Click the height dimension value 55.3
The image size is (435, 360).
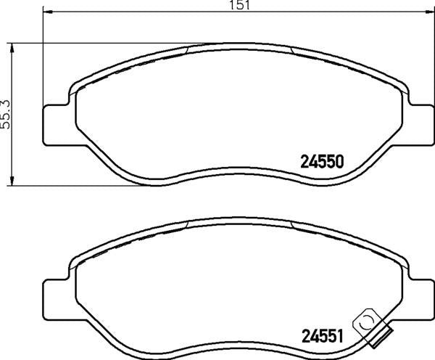[x=7, y=115]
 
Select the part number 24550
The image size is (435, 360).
[x=321, y=161]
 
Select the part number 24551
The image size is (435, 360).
[x=321, y=336]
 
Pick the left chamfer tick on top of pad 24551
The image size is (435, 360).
[x=186, y=225]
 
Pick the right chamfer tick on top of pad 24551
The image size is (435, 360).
[x=291, y=225]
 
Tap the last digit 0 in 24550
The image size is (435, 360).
[x=337, y=161]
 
